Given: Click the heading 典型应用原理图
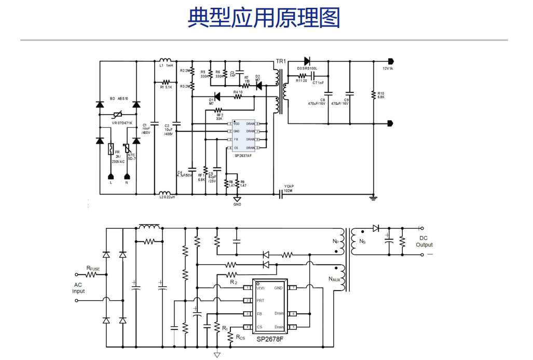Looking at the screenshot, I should coord(264,18).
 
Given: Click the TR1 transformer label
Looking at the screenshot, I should coord(281,61).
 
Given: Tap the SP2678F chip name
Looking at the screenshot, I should coord(270,339).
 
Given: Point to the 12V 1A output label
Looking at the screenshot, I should coord(388,68).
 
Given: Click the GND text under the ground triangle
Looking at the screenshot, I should coord(237,204).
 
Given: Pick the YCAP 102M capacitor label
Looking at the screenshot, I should coord(289,188).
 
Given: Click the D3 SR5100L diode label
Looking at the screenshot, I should coord(307,68).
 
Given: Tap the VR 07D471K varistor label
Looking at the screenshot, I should coord(122,123).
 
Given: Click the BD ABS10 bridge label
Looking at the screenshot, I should coord(119,98).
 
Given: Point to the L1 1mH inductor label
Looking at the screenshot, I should coord(166,66).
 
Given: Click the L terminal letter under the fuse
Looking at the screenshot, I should coord(111,183).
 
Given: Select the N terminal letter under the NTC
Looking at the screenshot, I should coord(127,183).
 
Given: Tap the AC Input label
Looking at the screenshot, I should coord(78,288).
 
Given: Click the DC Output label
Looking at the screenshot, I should coord(424,242).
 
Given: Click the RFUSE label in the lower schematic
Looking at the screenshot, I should coord(93,268).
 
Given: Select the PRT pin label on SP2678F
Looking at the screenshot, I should coord(261,300).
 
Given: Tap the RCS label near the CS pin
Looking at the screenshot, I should coord(240,338).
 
